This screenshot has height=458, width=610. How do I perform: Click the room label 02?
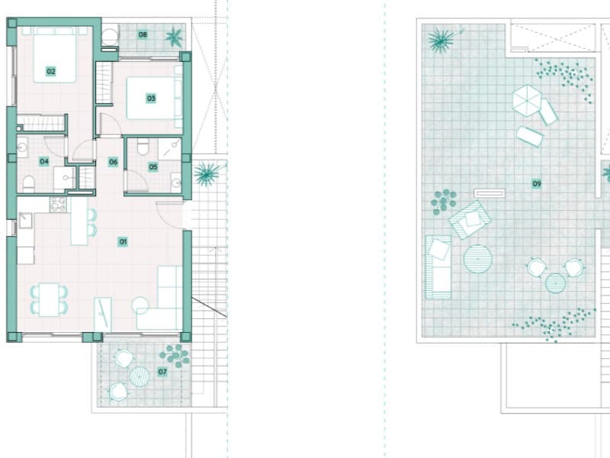[x=51, y=71]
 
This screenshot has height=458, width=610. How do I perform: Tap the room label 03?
[x=151, y=98]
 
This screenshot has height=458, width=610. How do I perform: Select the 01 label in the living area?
[x=123, y=241]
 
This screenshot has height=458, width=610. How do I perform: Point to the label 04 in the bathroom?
[x=44, y=161]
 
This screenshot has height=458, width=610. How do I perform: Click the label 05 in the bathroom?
[x=153, y=167]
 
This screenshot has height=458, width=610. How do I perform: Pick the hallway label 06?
[x=113, y=162]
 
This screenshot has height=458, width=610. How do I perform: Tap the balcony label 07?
[x=162, y=372]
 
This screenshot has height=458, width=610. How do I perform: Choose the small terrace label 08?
[x=143, y=34]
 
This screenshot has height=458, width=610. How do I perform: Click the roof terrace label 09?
[x=537, y=183]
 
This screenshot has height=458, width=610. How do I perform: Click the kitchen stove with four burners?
[x=59, y=205]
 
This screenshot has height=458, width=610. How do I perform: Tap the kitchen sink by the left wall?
[x=26, y=221]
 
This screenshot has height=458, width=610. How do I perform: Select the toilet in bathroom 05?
[x=143, y=147]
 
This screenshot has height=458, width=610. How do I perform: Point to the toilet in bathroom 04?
[x=28, y=183]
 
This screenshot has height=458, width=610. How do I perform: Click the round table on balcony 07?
[x=140, y=376]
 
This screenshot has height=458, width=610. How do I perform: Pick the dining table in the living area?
[x=49, y=299]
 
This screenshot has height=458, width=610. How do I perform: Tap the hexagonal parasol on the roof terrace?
[x=527, y=101]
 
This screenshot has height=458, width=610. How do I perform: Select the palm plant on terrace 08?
[x=174, y=37]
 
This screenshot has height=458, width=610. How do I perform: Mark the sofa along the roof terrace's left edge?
[x=438, y=267]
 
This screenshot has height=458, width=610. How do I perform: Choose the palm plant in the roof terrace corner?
[x=441, y=40]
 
